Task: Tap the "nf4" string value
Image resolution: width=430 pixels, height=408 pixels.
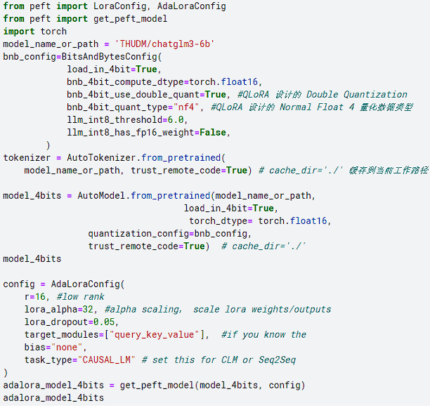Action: point(193,107)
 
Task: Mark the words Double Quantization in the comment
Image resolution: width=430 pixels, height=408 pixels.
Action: point(357,95)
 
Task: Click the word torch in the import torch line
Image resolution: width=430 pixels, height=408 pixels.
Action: point(53,31)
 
